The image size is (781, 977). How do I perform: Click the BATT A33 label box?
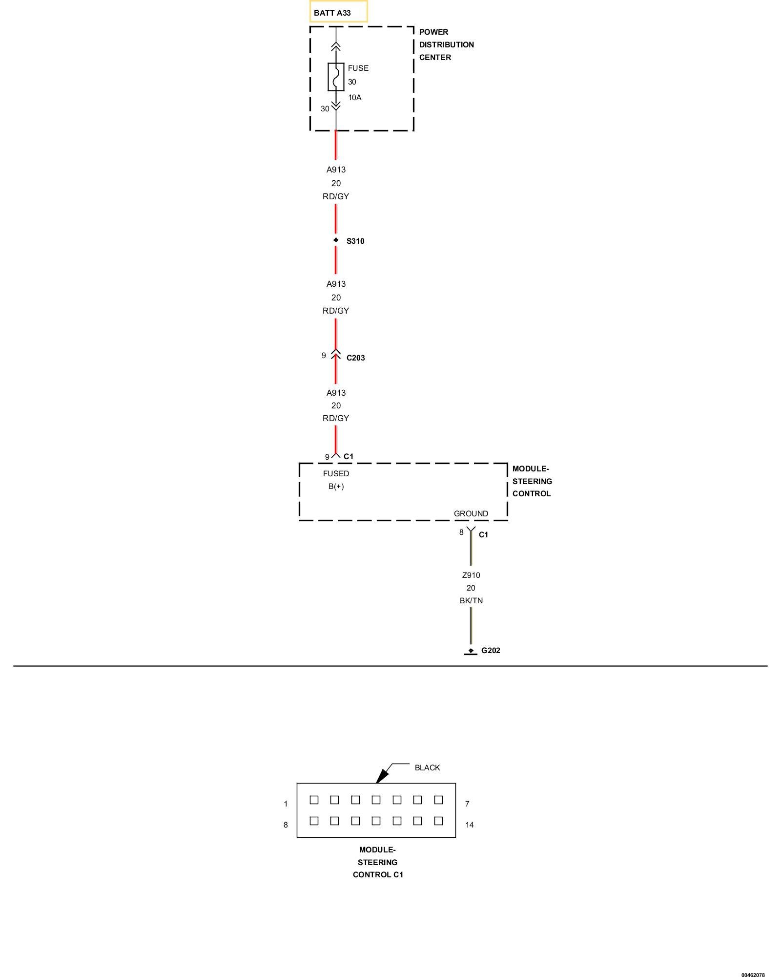tap(338, 12)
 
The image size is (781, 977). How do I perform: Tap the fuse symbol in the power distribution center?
tap(336, 77)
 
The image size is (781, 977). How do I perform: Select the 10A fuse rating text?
tap(355, 98)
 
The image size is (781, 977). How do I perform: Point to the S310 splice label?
tap(355, 241)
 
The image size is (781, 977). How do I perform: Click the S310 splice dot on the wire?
tap(336, 240)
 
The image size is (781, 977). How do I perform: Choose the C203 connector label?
tap(356, 358)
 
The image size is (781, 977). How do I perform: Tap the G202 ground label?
tap(491, 650)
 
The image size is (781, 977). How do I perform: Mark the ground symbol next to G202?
tap(471, 652)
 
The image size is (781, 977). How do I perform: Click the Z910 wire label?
tap(471, 575)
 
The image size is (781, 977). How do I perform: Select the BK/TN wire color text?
tap(471, 600)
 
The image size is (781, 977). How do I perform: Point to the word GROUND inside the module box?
tap(471, 513)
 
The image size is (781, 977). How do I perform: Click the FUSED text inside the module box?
tap(336, 473)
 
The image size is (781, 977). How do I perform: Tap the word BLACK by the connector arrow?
tap(427, 767)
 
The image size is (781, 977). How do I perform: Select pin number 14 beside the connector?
tap(470, 825)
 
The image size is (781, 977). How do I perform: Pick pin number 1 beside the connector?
tap(286, 804)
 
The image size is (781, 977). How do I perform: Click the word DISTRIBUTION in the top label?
tap(446, 44)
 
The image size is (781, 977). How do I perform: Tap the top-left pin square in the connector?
tap(314, 800)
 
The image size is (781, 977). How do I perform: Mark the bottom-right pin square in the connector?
tap(438, 821)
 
